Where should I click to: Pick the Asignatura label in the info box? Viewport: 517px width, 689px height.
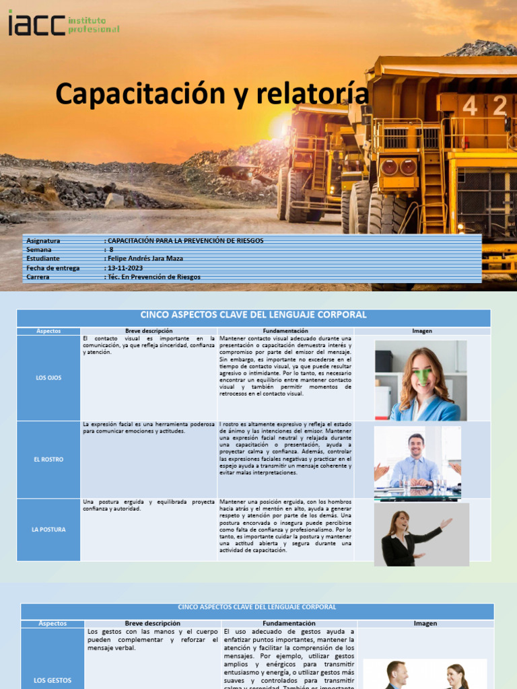pyautogui.click(x=43, y=240)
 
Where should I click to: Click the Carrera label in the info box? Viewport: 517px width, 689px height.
pyautogui.click(x=38, y=277)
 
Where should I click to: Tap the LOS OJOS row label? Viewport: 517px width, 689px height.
pyautogui.click(x=48, y=377)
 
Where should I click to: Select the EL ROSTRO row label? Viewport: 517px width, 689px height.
pyautogui.click(x=48, y=460)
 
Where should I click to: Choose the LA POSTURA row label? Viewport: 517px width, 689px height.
pyautogui.click(x=48, y=530)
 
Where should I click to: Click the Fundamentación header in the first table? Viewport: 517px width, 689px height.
pyautogui.click(x=285, y=331)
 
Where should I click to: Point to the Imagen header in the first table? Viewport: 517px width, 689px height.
pyautogui.click(x=422, y=331)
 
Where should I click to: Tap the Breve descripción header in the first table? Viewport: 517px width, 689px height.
pyautogui.click(x=149, y=331)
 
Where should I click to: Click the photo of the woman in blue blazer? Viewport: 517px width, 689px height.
pyautogui.click(x=421, y=380)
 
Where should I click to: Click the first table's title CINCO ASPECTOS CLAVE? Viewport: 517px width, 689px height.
pyautogui.click(x=253, y=315)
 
